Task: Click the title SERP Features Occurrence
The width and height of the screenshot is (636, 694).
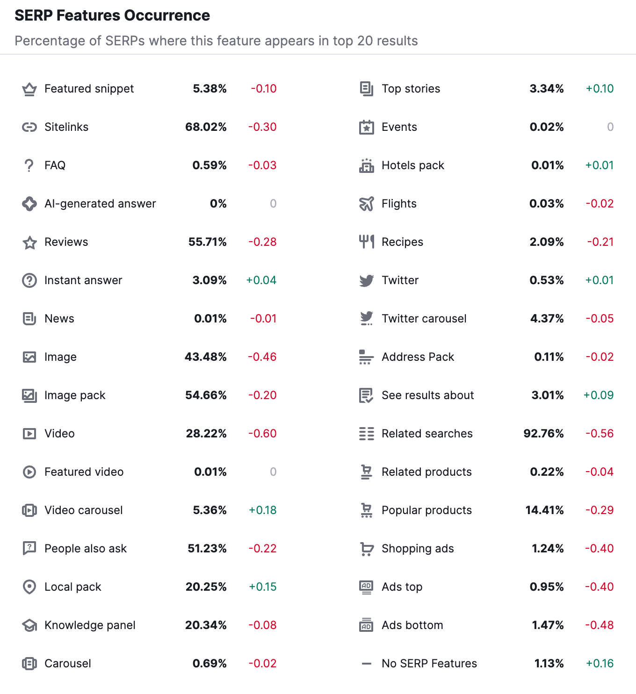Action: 112,15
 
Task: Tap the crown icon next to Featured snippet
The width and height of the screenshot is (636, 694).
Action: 29,89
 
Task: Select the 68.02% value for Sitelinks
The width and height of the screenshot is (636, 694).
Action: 206,127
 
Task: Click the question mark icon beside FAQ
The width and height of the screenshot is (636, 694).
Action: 29,165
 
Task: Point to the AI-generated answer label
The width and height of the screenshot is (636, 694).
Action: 100,204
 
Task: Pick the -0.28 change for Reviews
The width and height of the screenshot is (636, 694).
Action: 262,242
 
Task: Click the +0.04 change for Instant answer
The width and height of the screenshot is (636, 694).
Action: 261,280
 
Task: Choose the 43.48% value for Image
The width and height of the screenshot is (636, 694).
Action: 206,357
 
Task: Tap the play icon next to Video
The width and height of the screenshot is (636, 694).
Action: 29,434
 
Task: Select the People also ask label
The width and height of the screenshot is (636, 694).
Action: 86,549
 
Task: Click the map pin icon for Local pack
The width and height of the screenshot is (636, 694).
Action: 29,587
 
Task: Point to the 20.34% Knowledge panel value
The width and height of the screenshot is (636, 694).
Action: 206,625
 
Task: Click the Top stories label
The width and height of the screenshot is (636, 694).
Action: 411,89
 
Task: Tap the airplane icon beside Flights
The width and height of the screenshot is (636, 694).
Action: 367,204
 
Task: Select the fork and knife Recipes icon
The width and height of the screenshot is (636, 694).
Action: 367,242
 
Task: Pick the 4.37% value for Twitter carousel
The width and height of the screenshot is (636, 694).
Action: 547,319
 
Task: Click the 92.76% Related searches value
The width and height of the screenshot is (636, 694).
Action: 543,434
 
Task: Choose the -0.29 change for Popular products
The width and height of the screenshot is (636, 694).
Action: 600,510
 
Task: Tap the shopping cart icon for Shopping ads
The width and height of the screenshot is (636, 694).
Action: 367,549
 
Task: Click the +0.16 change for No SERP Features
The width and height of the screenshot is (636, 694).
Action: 600,664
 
